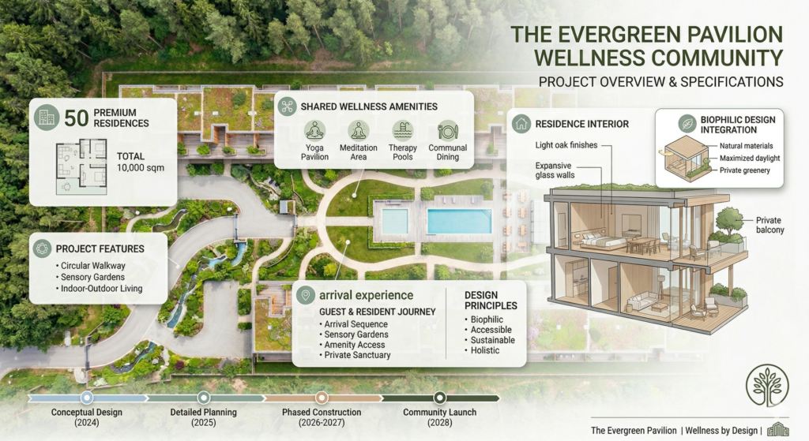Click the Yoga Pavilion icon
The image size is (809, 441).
tap(314, 131)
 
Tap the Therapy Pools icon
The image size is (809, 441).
tap(402, 131)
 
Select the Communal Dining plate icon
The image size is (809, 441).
tap(447, 131)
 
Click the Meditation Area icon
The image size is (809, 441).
tap(359, 131)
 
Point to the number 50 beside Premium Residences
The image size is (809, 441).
tap(77, 118)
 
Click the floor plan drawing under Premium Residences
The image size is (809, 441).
tap(81, 166)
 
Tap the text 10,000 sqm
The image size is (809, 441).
tap(141, 168)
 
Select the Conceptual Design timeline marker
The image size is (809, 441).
tap(87, 398)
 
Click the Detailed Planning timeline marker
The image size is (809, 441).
tap(204, 398)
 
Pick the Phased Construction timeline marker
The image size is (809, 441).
tap(322, 398)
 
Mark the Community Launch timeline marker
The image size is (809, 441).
tap(439, 398)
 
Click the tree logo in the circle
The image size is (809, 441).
tap(767, 386)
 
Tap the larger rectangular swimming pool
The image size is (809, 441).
tap(459, 221)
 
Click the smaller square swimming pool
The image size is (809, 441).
tap(395, 221)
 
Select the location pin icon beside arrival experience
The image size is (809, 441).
tap(306, 295)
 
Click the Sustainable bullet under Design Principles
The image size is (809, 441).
tap(490, 340)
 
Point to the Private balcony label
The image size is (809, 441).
tap(769, 225)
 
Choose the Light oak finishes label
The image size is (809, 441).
tap(566, 145)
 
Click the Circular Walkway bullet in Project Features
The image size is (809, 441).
tap(91, 266)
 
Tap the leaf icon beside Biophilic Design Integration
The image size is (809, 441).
tap(687, 124)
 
